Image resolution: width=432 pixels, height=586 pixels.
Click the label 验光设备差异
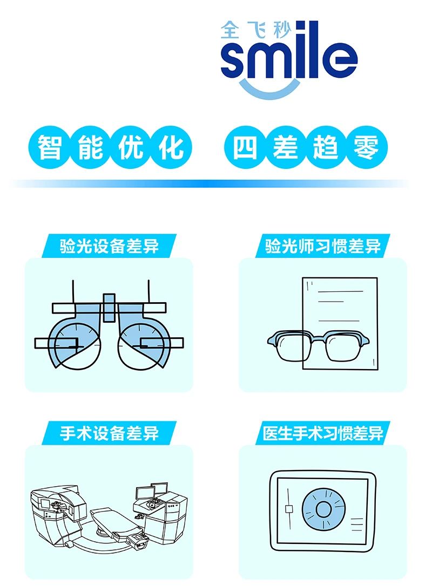tap(110, 247)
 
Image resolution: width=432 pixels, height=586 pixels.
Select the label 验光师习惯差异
tap(323, 247)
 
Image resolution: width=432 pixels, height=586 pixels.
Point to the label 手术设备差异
tap(110, 433)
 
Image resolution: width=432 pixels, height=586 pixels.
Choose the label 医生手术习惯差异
tap(323, 433)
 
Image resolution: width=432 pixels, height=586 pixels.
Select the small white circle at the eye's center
tap(323, 509)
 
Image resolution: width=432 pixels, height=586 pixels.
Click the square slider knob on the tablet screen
tap(288, 509)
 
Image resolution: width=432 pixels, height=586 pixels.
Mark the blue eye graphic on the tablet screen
tap(323, 509)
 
